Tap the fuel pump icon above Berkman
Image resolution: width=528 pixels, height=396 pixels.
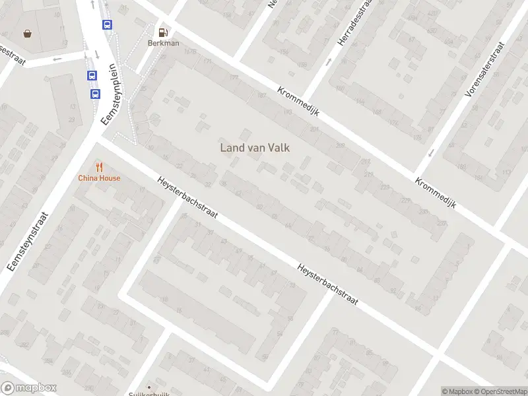162,30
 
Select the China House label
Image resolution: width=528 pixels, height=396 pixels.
99,178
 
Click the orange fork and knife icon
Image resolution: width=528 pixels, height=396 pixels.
99,167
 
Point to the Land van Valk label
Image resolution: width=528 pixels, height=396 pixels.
255,148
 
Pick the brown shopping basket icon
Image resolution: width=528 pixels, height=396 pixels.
27,33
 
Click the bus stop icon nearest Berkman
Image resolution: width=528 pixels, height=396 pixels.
107,24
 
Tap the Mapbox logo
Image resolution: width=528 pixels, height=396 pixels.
28,388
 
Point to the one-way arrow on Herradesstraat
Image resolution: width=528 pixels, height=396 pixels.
329,62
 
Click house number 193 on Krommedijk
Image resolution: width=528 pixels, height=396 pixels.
287,112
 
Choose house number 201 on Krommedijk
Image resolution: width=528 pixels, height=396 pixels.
314,129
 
